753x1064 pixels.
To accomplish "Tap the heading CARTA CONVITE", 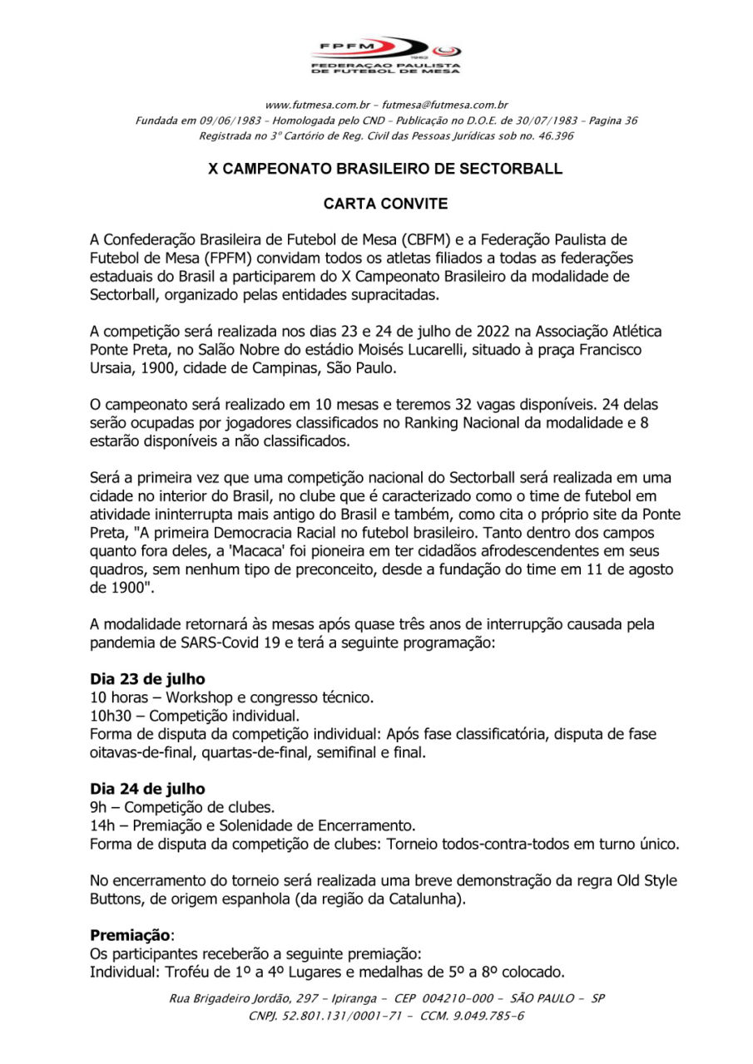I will point(384,202).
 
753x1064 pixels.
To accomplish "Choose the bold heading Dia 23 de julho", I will point(147,678).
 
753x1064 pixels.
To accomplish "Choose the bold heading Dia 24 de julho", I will point(147,788).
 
